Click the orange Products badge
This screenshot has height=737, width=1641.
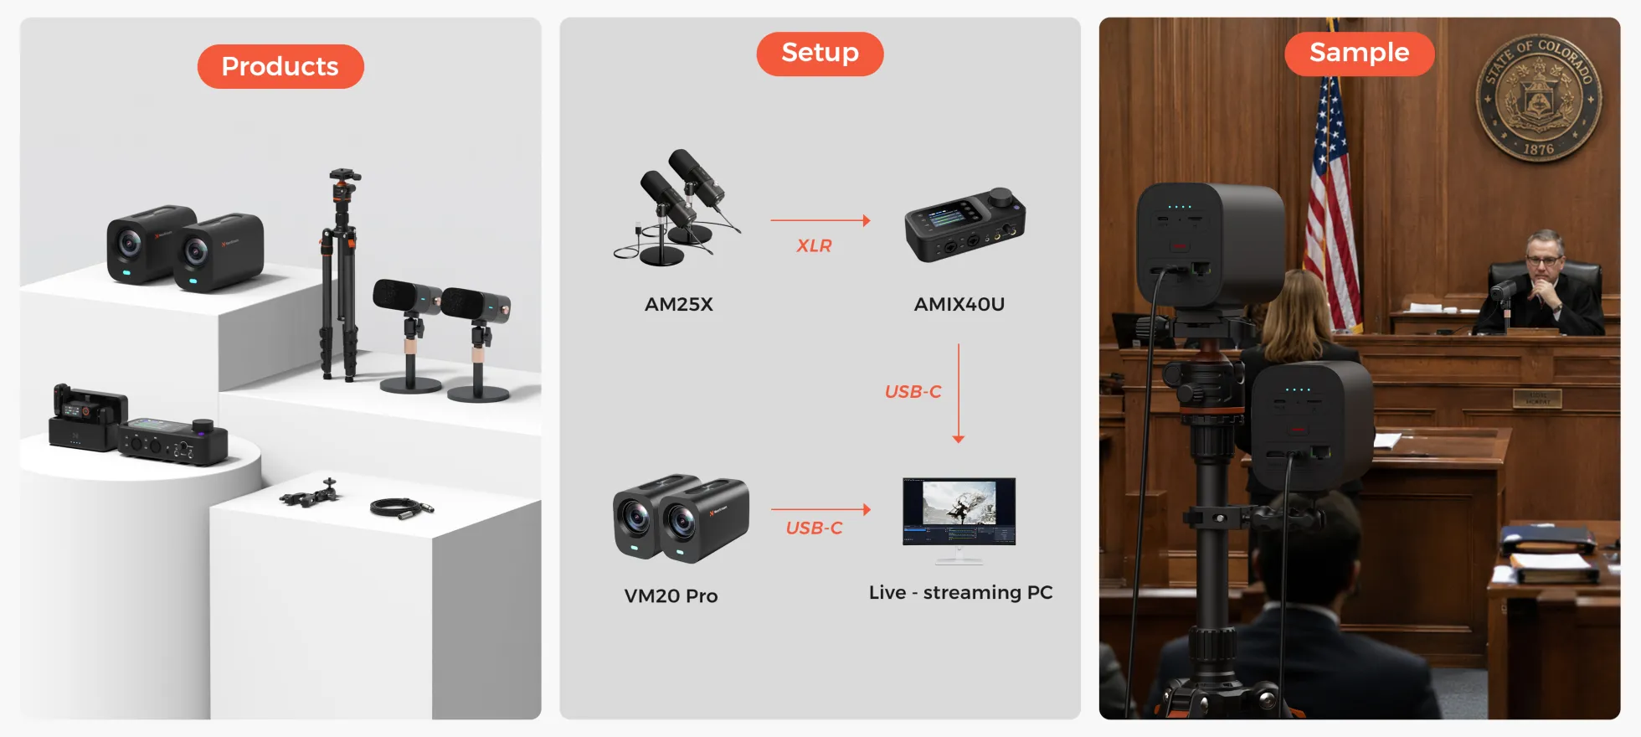280,66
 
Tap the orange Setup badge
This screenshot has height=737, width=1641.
820,54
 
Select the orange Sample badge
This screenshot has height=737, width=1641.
1359,54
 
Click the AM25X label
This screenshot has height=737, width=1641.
679,305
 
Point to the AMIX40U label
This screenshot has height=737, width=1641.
959,305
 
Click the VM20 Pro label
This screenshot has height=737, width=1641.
671,596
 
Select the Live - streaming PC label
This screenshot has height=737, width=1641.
960,593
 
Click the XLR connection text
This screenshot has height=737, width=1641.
814,246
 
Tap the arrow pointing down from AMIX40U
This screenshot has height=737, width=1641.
959,393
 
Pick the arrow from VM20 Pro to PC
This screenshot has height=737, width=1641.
820,509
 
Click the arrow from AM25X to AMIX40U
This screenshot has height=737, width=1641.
820,220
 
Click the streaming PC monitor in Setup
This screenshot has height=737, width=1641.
959,520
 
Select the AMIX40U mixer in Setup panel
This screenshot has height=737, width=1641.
965,224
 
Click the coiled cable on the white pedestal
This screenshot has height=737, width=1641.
402,507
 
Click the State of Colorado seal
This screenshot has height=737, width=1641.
1538,99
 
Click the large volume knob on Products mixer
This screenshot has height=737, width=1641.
203,426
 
